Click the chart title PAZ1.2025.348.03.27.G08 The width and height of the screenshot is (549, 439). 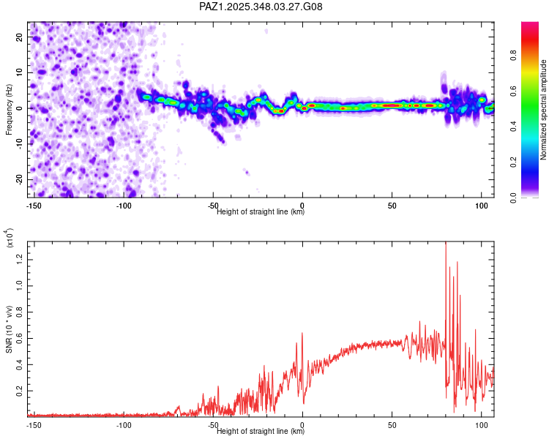pyautogui.click(x=261, y=7)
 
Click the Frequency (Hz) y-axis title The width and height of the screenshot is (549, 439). pyautogui.click(x=10, y=109)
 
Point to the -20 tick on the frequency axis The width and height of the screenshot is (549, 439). pyautogui.click(x=19, y=179)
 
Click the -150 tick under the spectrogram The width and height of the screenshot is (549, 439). pyautogui.click(x=34, y=205)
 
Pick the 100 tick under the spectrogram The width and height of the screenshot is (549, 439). pyautogui.click(x=482, y=205)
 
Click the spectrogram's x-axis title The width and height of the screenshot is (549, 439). pyautogui.click(x=261, y=212)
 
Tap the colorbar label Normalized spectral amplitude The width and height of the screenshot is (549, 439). pyautogui.click(x=544, y=110)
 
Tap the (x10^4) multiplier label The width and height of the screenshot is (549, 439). pyautogui.click(x=10, y=237)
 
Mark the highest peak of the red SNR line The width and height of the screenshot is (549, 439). pyautogui.click(x=446, y=243)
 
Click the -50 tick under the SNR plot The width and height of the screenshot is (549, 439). pyautogui.click(x=213, y=424)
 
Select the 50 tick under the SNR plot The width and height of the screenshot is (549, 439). pyautogui.click(x=392, y=424)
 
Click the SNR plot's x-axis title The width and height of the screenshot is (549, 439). pyautogui.click(x=261, y=432)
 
